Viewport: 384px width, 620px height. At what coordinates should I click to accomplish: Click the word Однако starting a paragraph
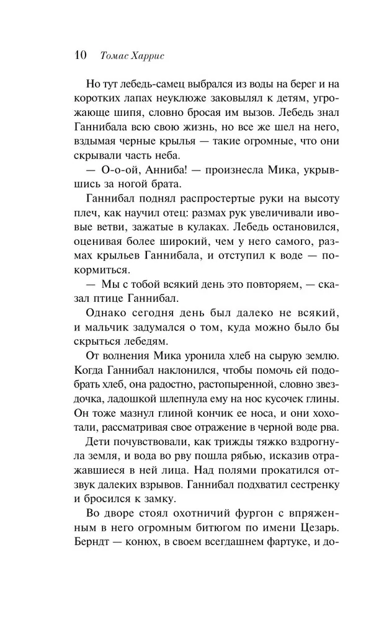pos(102,315)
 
